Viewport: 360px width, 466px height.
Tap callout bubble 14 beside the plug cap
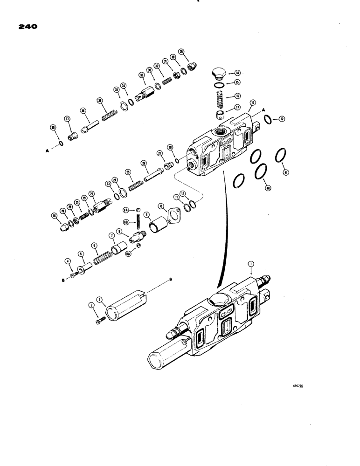pos(237,73)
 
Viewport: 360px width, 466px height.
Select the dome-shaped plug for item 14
pos(218,73)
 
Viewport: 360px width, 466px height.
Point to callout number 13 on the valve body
pos(253,115)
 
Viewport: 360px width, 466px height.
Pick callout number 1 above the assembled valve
pos(251,264)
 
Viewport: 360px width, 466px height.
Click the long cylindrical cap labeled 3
pos(125,306)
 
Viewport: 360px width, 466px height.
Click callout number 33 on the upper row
pos(141,75)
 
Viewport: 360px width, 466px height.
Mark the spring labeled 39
pos(107,114)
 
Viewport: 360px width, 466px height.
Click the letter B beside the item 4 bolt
pos(63,281)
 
